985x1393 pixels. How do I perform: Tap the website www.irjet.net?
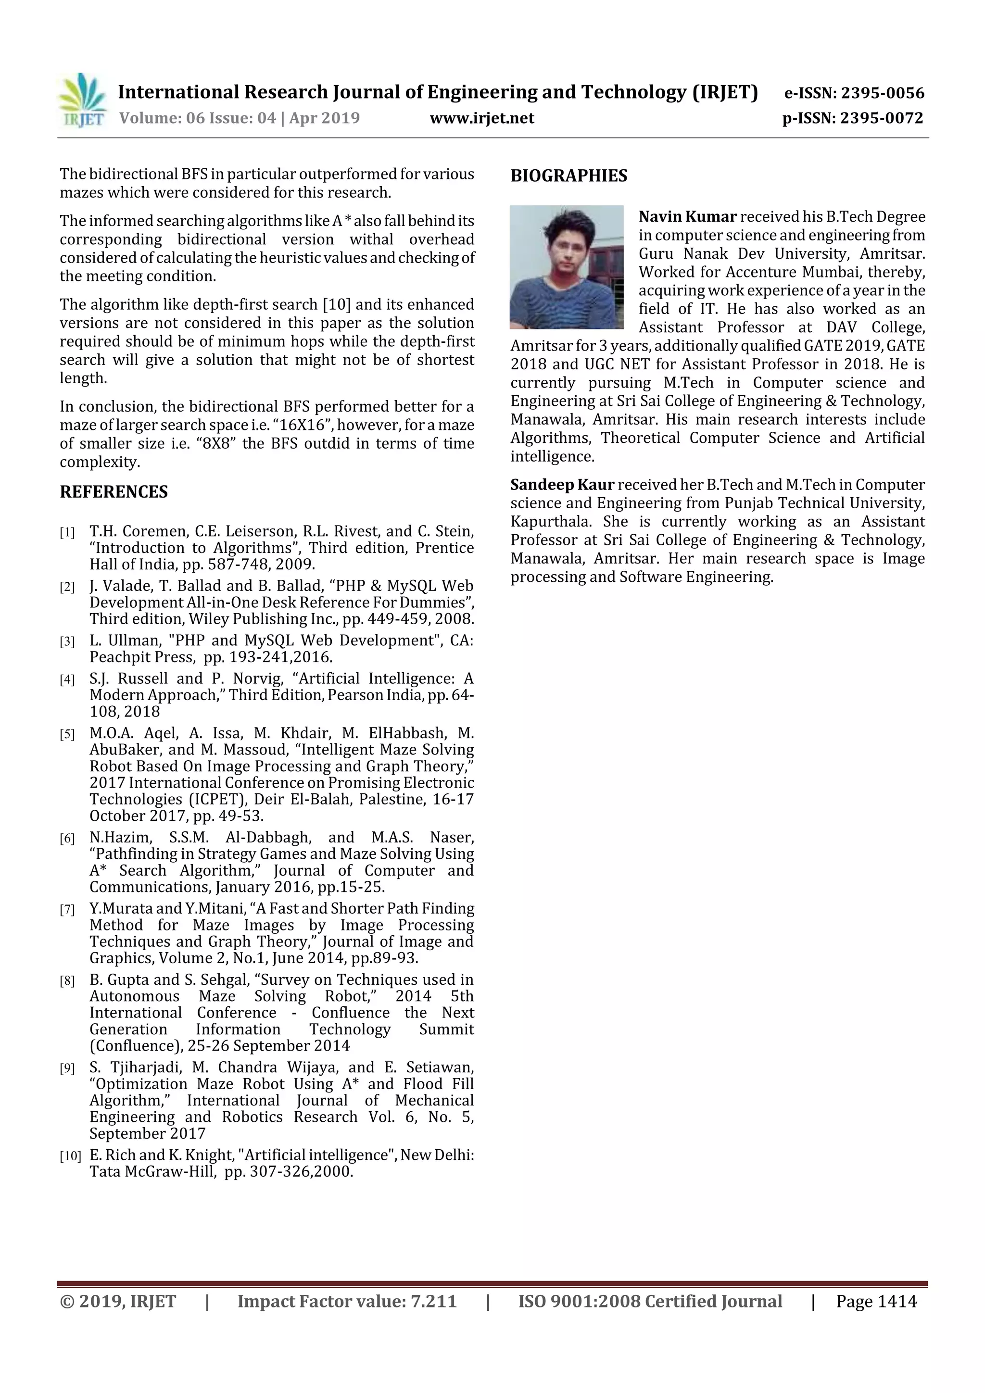click(x=482, y=118)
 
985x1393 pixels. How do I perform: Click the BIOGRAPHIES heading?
click(x=568, y=176)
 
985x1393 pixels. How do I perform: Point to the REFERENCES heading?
click(x=114, y=491)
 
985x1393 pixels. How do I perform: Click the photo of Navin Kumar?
click(x=566, y=267)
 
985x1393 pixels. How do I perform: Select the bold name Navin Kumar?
click(x=687, y=216)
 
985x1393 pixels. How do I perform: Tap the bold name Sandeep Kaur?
click(x=562, y=485)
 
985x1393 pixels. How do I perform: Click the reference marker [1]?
click(x=67, y=533)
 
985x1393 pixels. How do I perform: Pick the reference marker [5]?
click(x=67, y=735)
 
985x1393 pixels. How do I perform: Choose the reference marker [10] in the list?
click(x=70, y=1156)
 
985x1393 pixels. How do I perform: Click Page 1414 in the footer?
click(x=876, y=1301)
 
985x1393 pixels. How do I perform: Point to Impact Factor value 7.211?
click(x=347, y=1301)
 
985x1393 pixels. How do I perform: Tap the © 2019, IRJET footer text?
click(x=118, y=1301)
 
